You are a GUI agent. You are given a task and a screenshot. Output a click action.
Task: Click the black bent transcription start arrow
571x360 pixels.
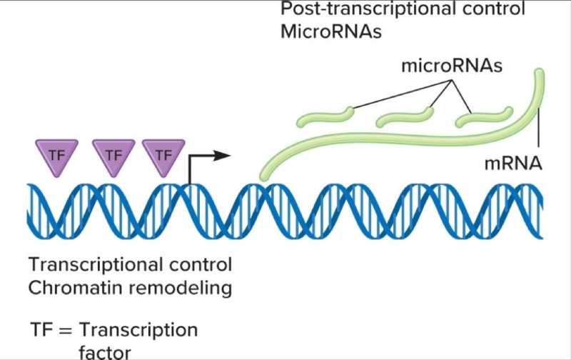click(x=207, y=156)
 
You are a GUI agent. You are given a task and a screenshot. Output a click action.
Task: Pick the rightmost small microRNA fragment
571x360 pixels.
click(x=485, y=116)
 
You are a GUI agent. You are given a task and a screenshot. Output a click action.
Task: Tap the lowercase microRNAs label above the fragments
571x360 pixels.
click(x=452, y=66)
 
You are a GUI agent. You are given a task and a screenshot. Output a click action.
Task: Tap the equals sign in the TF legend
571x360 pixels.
click(x=65, y=331)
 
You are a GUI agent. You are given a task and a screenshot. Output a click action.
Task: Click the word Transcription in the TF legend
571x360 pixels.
click(x=138, y=331)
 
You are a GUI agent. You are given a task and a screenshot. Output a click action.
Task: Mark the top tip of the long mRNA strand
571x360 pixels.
click(x=540, y=74)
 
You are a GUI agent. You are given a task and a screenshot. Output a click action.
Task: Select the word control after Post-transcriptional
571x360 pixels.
click(x=497, y=10)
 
